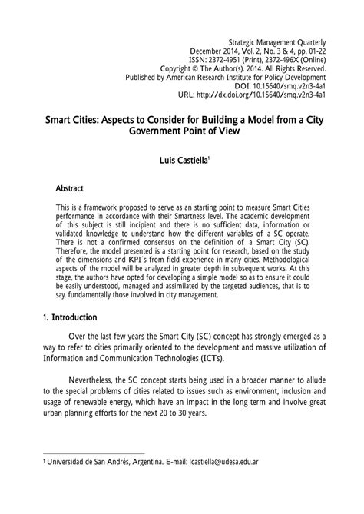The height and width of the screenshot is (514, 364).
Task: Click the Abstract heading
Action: (x=69, y=188)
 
